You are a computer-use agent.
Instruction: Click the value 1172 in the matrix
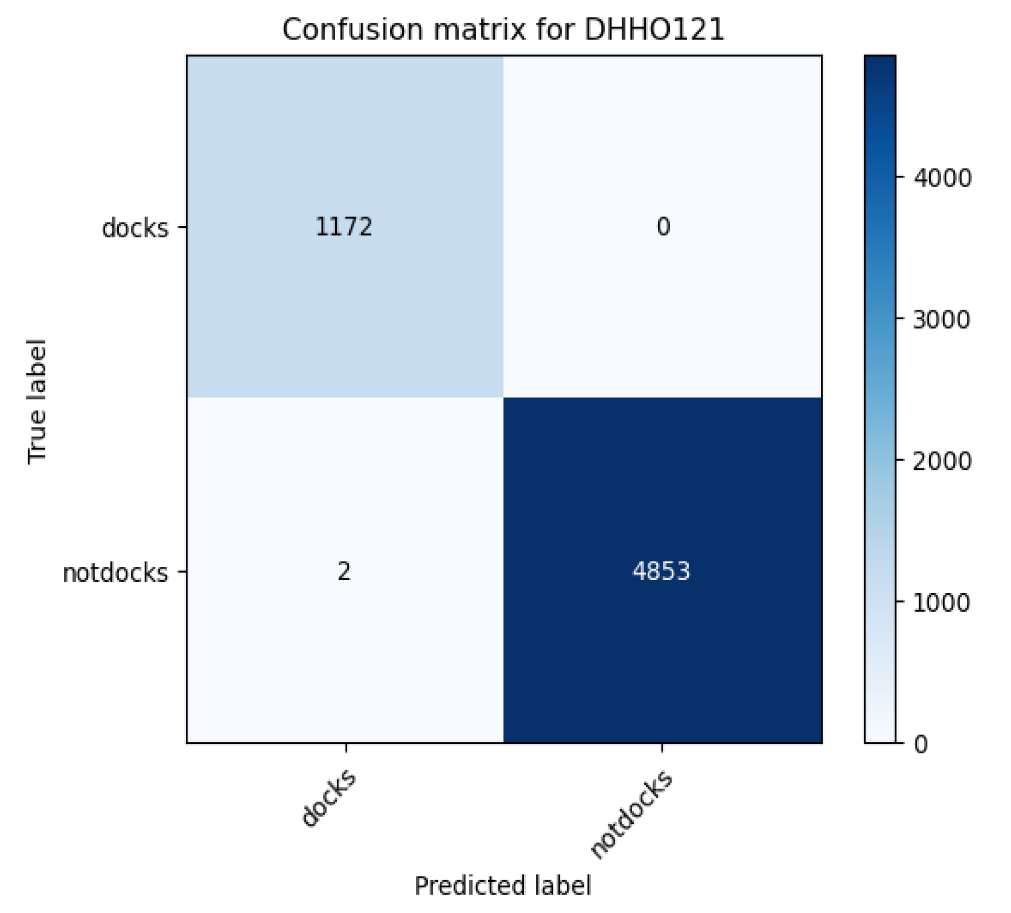coord(344,227)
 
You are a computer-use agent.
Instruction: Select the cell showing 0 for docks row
coord(663,227)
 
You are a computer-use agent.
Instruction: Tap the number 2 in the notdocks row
coord(344,572)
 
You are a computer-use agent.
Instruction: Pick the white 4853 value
coord(661,572)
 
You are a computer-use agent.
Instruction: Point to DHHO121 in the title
coord(654,30)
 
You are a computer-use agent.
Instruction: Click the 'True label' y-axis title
coord(37,401)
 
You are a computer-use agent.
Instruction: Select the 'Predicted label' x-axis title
coord(503,885)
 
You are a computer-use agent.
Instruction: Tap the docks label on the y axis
coord(135,228)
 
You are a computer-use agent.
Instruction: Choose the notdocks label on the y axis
coord(115,573)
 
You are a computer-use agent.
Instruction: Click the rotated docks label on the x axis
coord(328,799)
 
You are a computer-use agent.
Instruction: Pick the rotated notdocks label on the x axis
coord(631,815)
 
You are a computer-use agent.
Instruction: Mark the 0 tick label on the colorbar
coord(921,744)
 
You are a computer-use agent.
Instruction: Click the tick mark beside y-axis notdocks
coord(182,572)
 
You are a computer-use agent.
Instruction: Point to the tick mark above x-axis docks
coord(346,748)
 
